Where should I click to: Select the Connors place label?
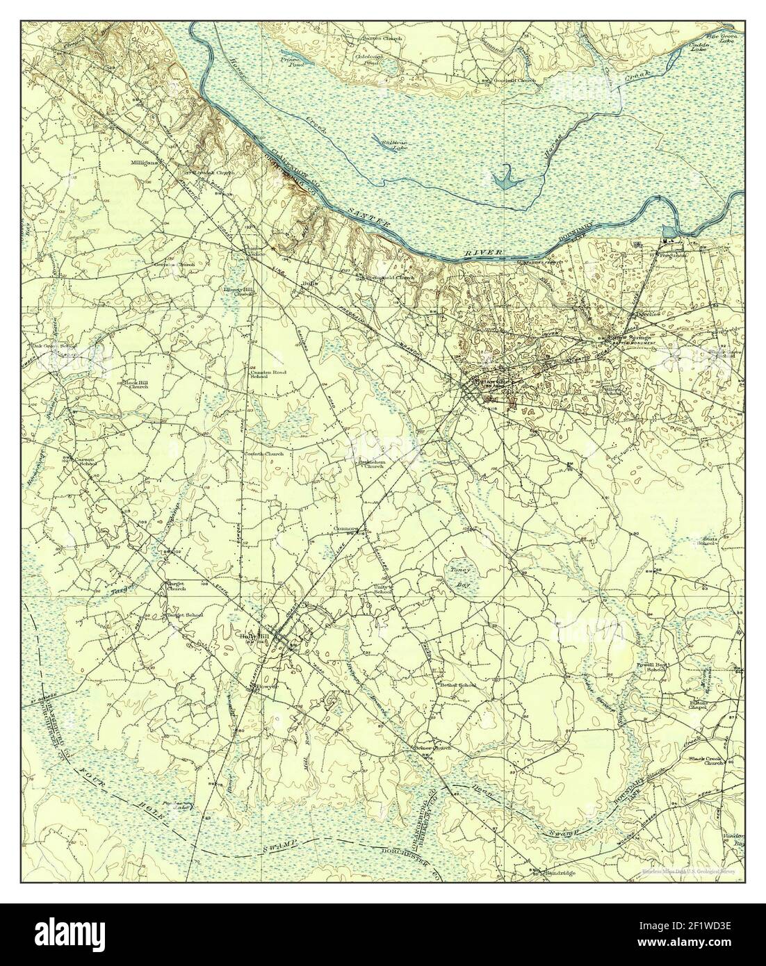point(345,528)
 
